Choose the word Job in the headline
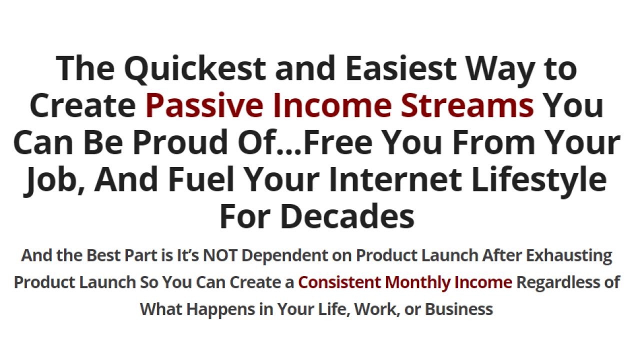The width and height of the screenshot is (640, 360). point(50,179)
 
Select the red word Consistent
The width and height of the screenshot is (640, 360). point(339,282)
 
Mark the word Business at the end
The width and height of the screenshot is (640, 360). point(458,309)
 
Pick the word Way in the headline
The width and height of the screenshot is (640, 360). point(505,68)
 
